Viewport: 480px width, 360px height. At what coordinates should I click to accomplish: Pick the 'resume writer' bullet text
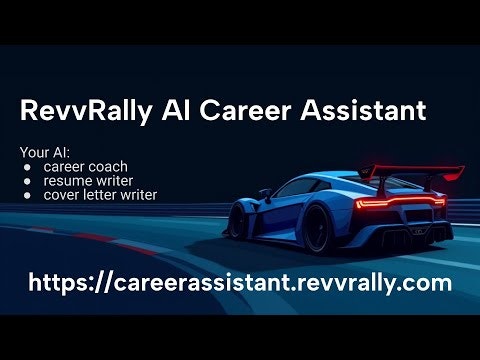(86, 181)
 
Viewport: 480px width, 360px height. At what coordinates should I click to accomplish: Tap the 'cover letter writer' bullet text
(100, 195)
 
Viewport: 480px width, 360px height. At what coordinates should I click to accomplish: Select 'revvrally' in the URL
(349, 283)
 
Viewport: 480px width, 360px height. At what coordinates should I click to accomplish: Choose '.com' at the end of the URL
(427, 283)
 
